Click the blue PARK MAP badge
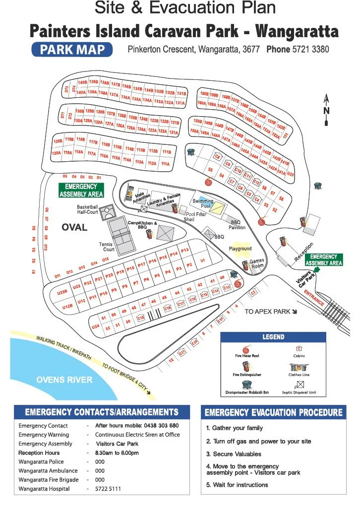click(x=71, y=50)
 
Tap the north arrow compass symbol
click(x=326, y=110)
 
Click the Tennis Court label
click(x=107, y=247)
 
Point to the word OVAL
click(x=74, y=228)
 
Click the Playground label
click(x=240, y=249)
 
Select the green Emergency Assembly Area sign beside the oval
click(x=81, y=190)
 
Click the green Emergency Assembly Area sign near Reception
click(x=324, y=259)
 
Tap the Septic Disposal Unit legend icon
click(x=299, y=384)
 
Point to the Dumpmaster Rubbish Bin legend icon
click(x=248, y=384)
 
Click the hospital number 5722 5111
click(x=108, y=489)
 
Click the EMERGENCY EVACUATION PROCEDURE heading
click(x=273, y=413)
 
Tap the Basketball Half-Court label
click(x=87, y=209)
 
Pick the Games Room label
click(x=257, y=263)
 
